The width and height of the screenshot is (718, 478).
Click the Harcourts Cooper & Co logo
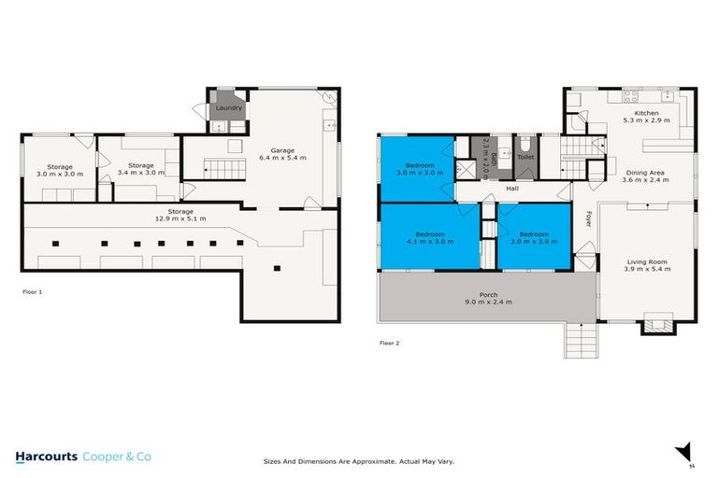tap(83, 457)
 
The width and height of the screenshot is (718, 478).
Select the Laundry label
tap(229, 108)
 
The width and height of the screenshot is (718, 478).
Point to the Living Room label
tap(643, 265)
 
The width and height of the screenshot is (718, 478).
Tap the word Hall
tap(512, 189)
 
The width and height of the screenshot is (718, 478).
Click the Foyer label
tap(589, 218)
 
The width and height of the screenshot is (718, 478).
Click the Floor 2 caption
tap(390, 344)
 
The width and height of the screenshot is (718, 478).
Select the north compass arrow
tap(682, 452)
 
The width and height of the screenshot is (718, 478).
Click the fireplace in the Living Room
tap(653, 325)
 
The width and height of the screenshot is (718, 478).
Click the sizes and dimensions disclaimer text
tap(359, 461)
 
